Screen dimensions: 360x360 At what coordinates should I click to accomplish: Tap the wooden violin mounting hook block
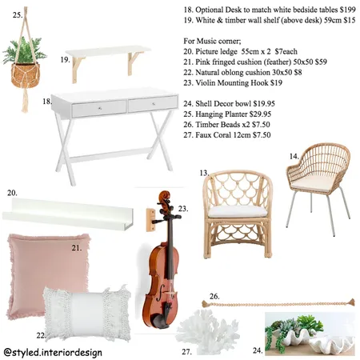click(150, 220)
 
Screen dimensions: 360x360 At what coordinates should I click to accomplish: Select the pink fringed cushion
click(49, 274)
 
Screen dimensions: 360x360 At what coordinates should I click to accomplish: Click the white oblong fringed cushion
click(87, 314)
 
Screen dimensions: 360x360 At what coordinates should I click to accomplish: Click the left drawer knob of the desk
click(100, 108)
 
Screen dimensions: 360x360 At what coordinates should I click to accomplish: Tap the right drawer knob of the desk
click(154, 103)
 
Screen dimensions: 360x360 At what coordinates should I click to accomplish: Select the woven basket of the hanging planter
click(26, 75)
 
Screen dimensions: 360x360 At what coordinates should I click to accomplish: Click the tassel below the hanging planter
click(25, 100)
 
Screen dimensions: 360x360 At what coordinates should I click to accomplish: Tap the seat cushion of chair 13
click(238, 211)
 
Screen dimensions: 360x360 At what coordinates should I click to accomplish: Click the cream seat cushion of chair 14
click(311, 184)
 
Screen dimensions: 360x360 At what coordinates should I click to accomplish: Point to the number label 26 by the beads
click(214, 296)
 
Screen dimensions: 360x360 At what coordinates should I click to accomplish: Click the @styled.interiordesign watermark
click(53, 352)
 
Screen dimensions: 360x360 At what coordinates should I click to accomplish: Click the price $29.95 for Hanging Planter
click(260, 114)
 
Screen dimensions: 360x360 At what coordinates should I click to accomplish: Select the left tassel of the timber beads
click(205, 303)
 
